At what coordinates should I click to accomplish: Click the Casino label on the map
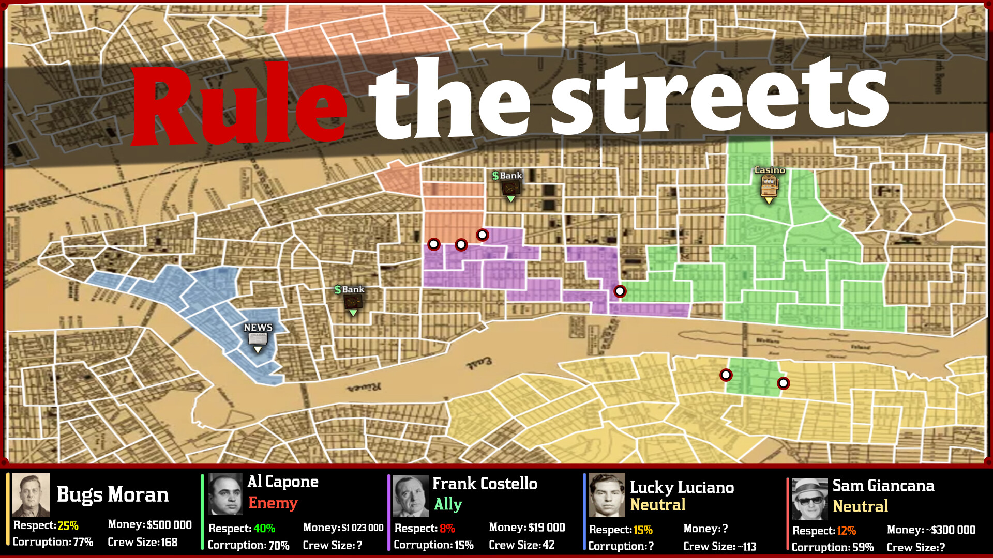coord(769,170)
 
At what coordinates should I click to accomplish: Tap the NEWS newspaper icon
coord(258,339)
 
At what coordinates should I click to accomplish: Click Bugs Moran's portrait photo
coord(31,494)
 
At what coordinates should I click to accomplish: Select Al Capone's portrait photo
coord(225,494)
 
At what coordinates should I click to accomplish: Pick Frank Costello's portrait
coord(411,496)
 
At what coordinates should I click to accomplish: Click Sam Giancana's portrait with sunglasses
coord(810,499)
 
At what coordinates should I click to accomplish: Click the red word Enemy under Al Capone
coord(273,503)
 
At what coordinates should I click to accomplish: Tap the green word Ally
coord(448,504)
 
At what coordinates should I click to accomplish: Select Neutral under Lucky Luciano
coord(657,505)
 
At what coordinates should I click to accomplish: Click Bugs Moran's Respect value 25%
coord(68,525)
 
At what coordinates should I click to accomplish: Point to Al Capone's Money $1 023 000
coord(362,528)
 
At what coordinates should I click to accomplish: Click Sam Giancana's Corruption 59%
coord(861,547)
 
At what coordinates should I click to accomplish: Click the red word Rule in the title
coord(238,106)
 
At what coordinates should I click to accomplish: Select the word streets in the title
coord(719,98)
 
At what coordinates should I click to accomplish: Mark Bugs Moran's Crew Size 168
coord(168,542)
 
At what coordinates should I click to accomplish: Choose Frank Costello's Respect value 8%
coord(447,528)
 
